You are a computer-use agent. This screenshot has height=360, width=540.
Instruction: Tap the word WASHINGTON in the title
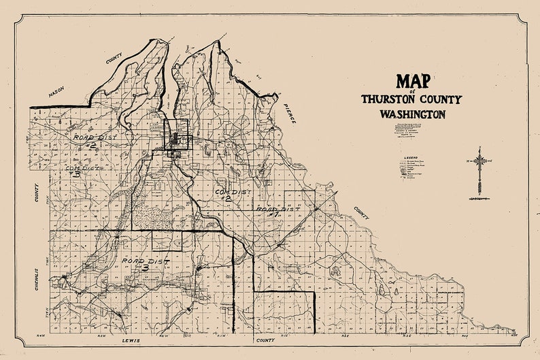pyautogui.click(x=412, y=114)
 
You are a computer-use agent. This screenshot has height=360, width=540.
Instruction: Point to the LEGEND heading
pyautogui.click(x=410, y=157)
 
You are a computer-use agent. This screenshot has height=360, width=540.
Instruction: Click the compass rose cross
pyautogui.click(x=480, y=161)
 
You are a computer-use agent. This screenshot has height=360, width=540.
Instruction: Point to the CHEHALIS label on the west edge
pyautogui.click(x=38, y=280)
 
